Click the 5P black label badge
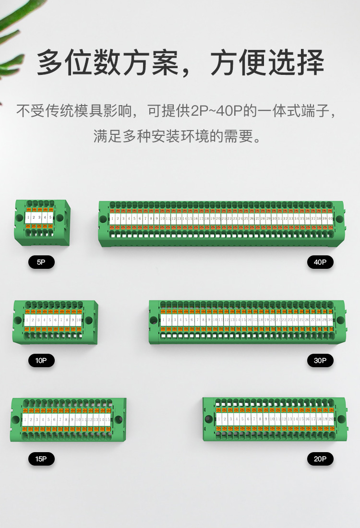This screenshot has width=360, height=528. click(41, 262)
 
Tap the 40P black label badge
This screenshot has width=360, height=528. click(320, 262)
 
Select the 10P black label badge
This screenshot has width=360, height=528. click(41, 360)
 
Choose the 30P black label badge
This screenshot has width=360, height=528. click(320, 360)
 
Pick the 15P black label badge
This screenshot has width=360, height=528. click(41, 459)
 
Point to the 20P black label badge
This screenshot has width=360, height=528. click(320, 459)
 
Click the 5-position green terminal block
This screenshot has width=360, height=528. click(42, 222)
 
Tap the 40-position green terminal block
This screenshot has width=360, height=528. click(221, 223)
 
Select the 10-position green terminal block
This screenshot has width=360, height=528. click(55, 322)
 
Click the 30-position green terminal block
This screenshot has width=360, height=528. click(247, 322)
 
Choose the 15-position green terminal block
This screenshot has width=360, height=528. click(68, 420)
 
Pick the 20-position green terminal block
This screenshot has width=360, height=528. click(274, 419)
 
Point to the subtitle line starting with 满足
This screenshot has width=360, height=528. click(179, 136)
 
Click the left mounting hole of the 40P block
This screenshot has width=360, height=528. click(103, 219)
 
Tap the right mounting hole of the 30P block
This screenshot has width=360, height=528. click(340, 320)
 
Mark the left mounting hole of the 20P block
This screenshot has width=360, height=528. click(208, 419)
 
